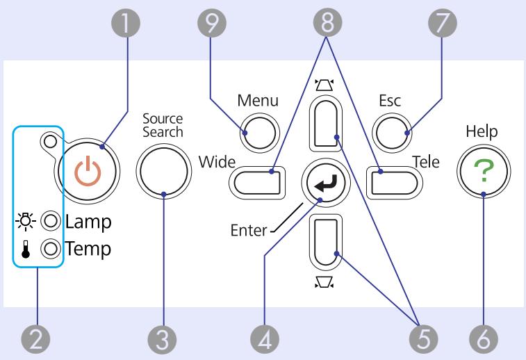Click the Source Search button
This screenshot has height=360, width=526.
pyautogui.click(x=164, y=171)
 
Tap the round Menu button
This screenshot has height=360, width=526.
pyautogui.click(x=260, y=133)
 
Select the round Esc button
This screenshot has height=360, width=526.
pyautogui.click(x=392, y=133)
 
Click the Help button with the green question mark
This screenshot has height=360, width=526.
pyautogui.click(x=484, y=171)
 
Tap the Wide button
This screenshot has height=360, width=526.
pyautogui.click(x=257, y=183)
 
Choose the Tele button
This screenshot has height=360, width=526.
pyautogui.click(x=395, y=183)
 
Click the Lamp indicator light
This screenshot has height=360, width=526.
pyautogui.click(x=51, y=221)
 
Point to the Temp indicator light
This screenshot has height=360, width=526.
pyautogui.click(x=51, y=248)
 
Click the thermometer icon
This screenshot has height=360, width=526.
pyautogui.click(x=26, y=249)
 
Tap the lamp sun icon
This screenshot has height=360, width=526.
pyautogui.click(x=26, y=221)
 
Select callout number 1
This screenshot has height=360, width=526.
pyautogui.click(x=126, y=23)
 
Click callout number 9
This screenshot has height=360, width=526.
pyautogui.click(x=212, y=23)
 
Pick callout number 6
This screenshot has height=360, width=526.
pyautogui.click(x=484, y=339)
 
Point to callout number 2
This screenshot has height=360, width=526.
pyautogui.click(x=35, y=339)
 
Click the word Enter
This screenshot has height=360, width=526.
pyautogui.click(x=249, y=231)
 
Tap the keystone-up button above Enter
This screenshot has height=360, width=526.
pyautogui.click(x=325, y=123)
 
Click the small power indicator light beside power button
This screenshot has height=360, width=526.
pyautogui.click(x=50, y=141)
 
